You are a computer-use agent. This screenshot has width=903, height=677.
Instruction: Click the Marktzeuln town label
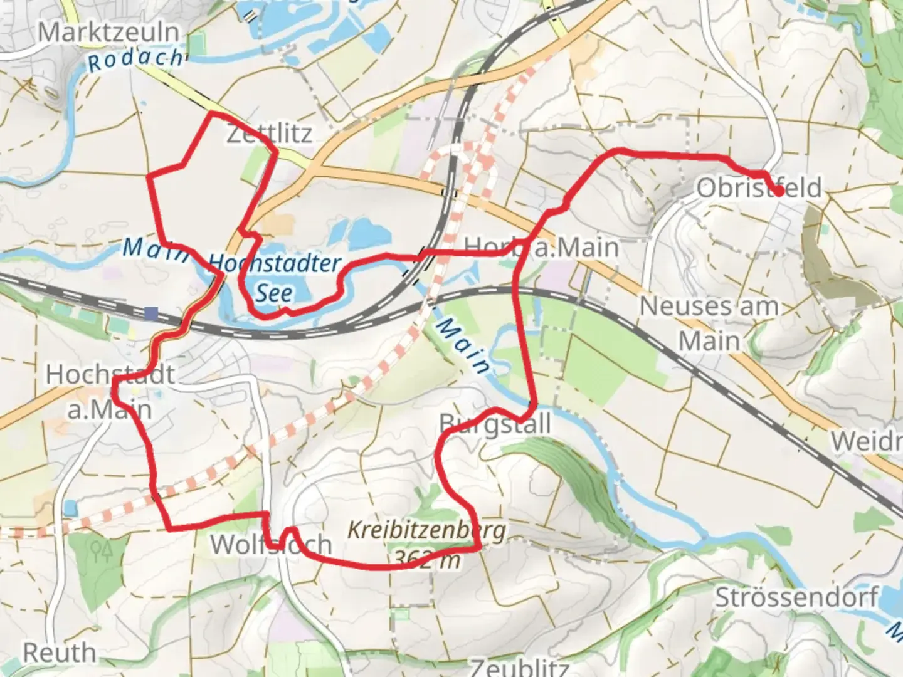pyautogui.click(x=109, y=31)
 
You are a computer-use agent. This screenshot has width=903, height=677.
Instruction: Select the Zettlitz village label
pyautogui.click(x=269, y=134)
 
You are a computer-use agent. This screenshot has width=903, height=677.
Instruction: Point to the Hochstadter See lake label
pyautogui.click(x=275, y=278)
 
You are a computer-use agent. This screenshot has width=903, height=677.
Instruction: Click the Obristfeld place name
pyautogui.click(x=759, y=187)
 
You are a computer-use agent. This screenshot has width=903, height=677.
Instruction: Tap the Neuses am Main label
pyautogui.click(x=709, y=323)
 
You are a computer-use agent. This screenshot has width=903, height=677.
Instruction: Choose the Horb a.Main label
pyautogui.click(x=541, y=247)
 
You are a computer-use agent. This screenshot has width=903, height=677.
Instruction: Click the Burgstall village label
pyautogui.click(x=495, y=424)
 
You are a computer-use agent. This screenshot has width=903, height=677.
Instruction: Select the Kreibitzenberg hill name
pyautogui.click(x=426, y=530)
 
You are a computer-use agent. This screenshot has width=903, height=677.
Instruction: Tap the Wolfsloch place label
pyautogui.click(x=271, y=545)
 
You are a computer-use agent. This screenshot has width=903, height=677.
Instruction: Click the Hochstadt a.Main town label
pyautogui.click(x=110, y=392)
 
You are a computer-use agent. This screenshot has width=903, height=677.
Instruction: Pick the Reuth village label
pyautogui.click(x=60, y=653)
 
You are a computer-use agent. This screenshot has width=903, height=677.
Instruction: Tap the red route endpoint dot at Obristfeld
pyautogui.click(x=778, y=192)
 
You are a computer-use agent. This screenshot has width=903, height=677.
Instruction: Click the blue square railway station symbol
pyautogui.click(x=151, y=313)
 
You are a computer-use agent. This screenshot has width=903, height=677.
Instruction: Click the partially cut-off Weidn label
pyautogui.click(x=867, y=441)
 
